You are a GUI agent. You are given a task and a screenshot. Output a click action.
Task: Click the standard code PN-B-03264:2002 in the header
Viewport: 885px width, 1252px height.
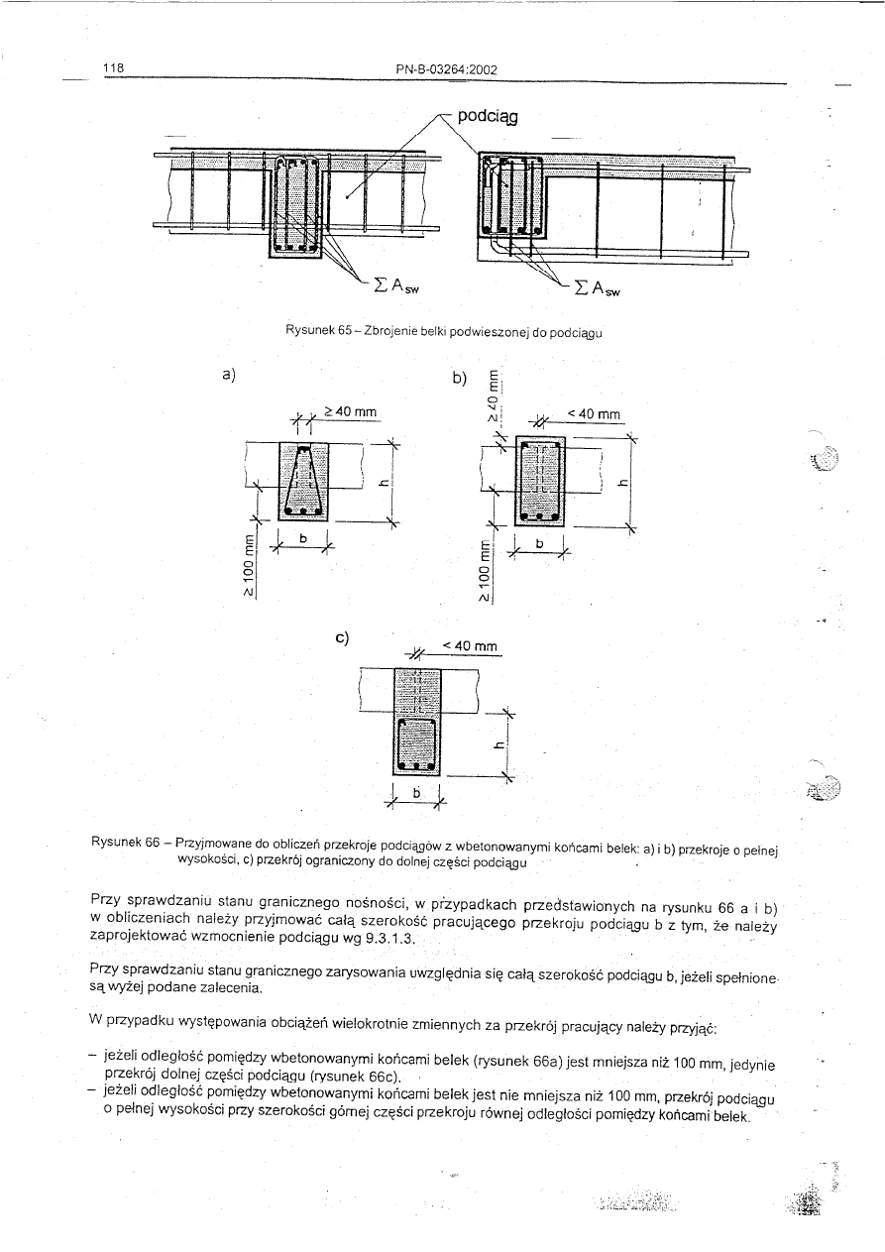445,69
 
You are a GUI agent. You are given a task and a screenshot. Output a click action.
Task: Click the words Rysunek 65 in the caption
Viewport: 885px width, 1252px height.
313,329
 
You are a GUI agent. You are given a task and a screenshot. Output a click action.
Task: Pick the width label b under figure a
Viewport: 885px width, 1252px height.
304,537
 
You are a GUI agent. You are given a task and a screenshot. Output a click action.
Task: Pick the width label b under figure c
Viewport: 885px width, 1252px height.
418,793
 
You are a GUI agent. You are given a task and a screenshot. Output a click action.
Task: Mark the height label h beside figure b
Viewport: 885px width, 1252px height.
619,485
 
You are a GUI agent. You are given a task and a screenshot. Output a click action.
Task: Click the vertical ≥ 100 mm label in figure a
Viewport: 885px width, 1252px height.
249,566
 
